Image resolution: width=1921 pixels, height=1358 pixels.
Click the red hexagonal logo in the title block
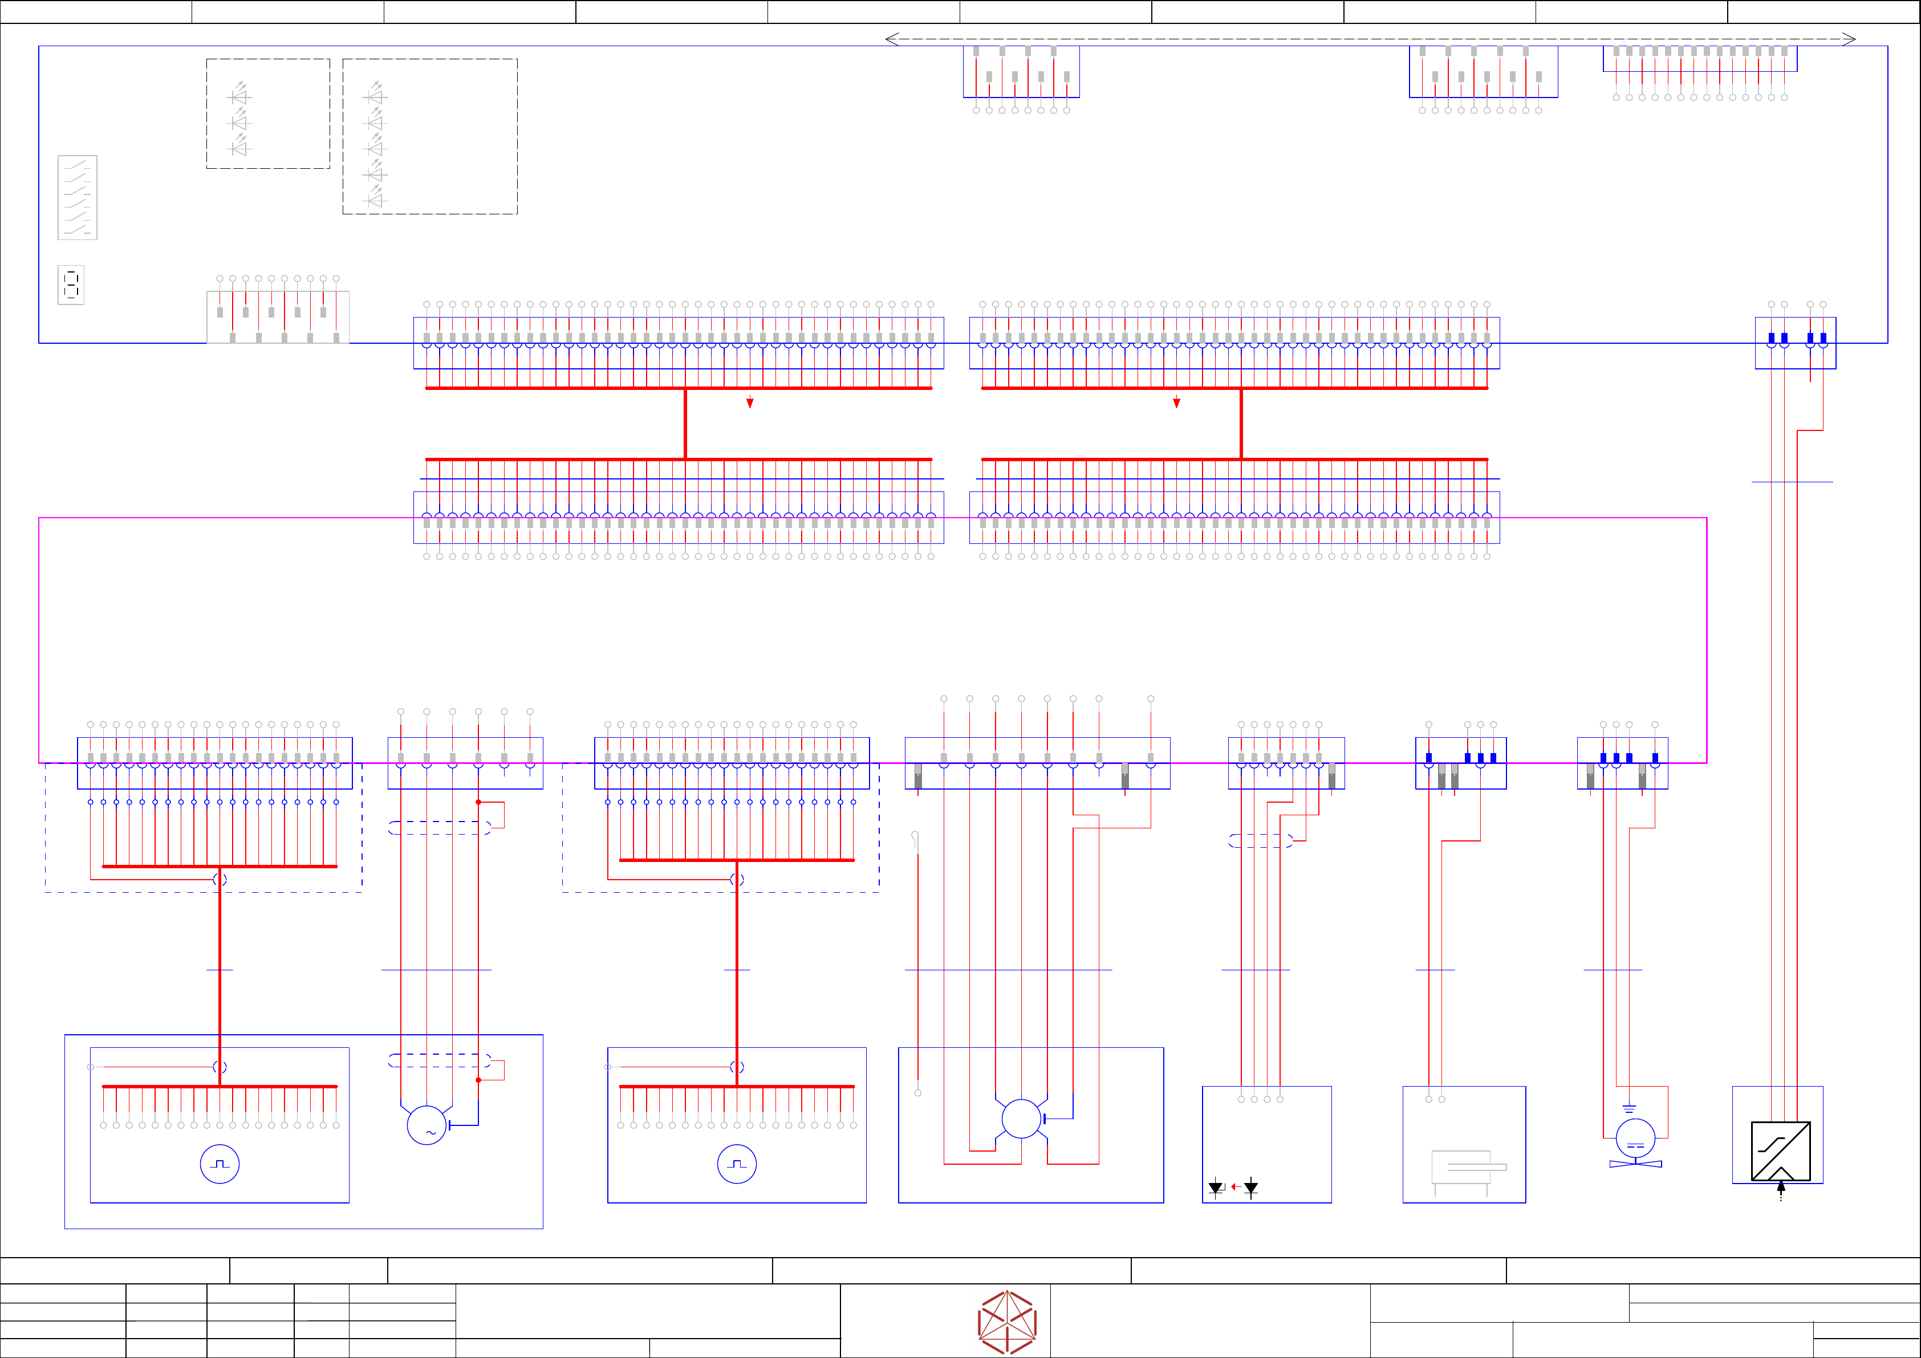click(x=1008, y=1322)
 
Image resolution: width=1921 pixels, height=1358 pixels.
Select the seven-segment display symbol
click(x=71, y=284)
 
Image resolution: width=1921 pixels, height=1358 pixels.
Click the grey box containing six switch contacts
click(x=77, y=197)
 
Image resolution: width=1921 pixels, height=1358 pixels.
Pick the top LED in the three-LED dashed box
click(x=240, y=95)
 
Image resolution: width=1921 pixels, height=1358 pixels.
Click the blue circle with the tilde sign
click(x=427, y=1125)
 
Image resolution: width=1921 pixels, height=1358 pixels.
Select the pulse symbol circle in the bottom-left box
click(x=220, y=1164)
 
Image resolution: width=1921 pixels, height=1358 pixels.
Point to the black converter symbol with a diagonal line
click(x=1780, y=1151)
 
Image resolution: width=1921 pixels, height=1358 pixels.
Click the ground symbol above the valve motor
click(x=1629, y=1109)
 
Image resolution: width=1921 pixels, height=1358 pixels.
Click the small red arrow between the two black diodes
click(x=1235, y=1186)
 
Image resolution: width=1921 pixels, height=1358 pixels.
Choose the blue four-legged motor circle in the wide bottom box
click(x=1022, y=1119)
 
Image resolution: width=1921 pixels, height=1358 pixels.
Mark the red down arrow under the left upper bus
click(x=750, y=402)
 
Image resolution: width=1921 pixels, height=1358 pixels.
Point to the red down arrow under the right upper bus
click(x=1176, y=402)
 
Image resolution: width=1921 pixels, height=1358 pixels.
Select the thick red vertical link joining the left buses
click(x=685, y=424)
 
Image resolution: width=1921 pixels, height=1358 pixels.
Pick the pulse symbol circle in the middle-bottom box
click(x=737, y=1164)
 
